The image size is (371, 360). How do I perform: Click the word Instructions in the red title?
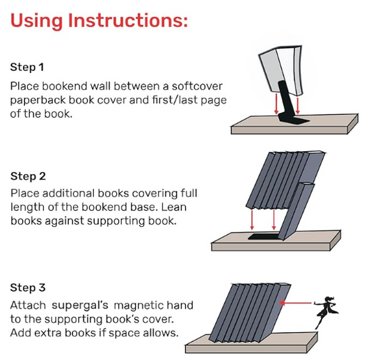tap(128, 20)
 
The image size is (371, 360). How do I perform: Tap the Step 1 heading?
tap(27, 68)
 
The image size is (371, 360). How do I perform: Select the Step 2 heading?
tap(28, 176)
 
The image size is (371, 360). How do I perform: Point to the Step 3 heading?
tap(28, 288)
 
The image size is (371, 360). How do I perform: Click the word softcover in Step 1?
tap(197, 86)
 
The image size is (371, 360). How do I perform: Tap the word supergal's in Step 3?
tap(80, 306)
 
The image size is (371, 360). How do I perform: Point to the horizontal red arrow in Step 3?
tap(295, 303)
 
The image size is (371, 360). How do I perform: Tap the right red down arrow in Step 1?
tap(298, 105)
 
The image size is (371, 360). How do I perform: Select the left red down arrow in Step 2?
tap(252, 219)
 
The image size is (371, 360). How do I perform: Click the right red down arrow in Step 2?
tap(274, 219)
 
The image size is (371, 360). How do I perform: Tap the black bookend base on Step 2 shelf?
tap(263, 237)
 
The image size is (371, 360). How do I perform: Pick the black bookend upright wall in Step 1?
tap(286, 100)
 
